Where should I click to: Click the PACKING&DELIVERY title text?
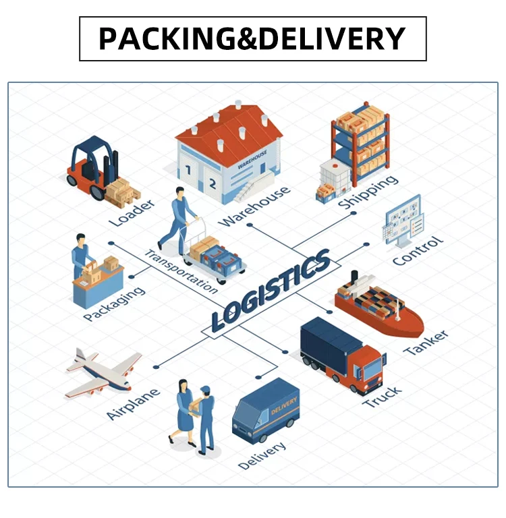click(252, 38)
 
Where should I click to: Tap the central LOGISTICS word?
click(270, 289)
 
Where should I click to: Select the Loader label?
click(132, 212)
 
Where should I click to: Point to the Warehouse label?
click(255, 205)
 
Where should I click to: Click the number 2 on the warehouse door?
click(212, 182)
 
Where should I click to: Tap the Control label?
click(418, 250)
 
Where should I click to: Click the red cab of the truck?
click(368, 368)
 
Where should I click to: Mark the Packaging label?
click(114, 304)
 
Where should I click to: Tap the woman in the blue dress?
click(184, 411)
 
